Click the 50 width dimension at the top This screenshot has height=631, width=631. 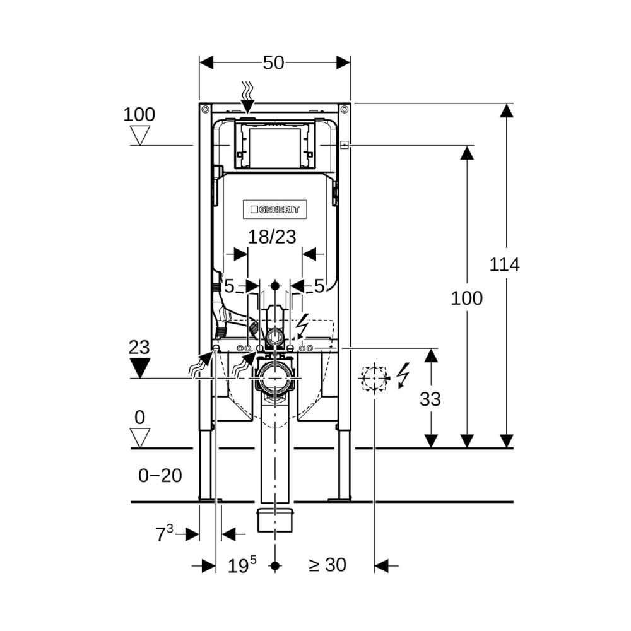274,62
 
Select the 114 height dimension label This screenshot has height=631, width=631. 504,265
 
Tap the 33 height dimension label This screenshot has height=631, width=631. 430,399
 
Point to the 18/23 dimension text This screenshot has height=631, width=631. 272,237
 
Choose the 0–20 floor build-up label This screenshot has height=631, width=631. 160,476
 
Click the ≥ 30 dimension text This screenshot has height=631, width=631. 327,565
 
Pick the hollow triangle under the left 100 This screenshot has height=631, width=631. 139,134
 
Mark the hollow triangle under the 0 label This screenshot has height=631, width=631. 139,437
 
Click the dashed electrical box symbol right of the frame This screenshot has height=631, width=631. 374,378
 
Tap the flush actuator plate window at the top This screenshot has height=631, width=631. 274,148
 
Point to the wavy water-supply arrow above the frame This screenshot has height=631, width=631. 248,98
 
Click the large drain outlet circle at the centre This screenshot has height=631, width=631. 274,380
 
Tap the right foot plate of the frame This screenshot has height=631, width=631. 339,500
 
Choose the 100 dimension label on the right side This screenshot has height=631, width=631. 466,298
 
